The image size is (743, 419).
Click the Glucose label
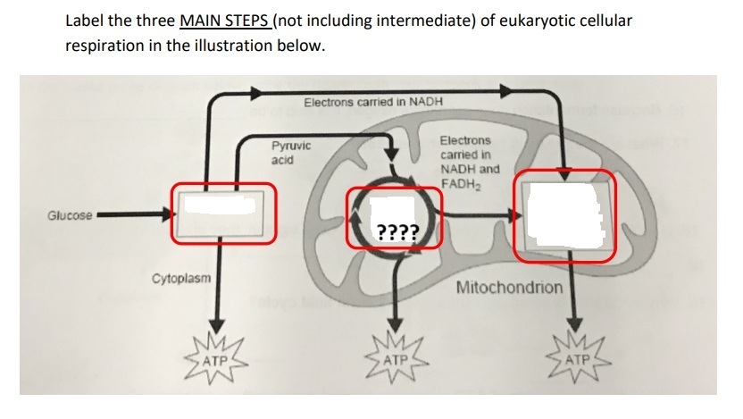point(70,215)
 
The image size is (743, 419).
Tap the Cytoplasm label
point(181,278)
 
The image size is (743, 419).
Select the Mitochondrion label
point(509,288)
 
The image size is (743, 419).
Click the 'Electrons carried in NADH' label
point(373,102)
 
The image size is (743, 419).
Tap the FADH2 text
point(461,184)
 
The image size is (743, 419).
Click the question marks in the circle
point(398,232)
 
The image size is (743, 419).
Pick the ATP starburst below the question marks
point(397,360)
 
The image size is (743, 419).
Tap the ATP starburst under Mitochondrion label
point(577,360)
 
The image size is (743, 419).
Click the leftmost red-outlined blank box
point(223,214)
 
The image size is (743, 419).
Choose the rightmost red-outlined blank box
point(564,215)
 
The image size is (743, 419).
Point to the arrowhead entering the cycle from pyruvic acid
point(391,154)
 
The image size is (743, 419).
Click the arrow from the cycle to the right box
point(481,216)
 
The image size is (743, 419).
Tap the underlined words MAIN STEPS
point(226,21)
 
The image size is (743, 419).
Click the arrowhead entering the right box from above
point(564,173)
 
